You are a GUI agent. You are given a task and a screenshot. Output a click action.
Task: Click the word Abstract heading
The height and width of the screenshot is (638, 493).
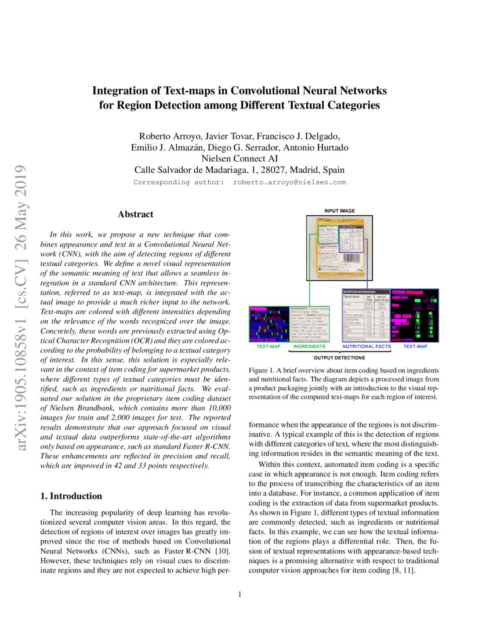[x=135, y=215]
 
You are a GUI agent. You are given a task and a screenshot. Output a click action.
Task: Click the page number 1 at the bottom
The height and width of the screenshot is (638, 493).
[x=240, y=594]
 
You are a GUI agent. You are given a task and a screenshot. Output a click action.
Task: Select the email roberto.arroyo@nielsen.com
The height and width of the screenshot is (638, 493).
[x=289, y=182]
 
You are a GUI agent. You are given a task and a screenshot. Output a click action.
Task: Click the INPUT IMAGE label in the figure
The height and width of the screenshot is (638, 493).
[x=339, y=211]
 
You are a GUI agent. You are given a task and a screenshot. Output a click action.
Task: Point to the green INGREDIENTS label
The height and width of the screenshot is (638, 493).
[x=309, y=346]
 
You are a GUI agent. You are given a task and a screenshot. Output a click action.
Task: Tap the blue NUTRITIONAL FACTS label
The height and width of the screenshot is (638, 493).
[x=367, y=346]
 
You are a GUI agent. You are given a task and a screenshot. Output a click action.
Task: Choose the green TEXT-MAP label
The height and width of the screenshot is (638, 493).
[x=269, y=346]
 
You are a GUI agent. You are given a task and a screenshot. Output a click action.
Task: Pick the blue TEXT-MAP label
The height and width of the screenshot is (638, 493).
[x=415, y=346]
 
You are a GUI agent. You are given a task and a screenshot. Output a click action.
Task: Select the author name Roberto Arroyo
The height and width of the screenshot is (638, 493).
[x=171, y=137]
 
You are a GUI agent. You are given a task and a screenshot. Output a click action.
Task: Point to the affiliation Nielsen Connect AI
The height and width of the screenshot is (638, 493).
[x=240, y=158]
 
